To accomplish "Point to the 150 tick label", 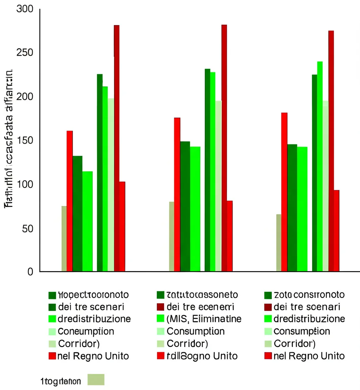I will (25, 141).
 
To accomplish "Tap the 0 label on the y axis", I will (31, 272).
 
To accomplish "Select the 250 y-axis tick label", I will (25, 53).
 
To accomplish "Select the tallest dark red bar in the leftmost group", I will (116, 149).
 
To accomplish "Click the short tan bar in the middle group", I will (172, 237).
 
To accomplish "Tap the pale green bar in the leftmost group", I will (111, 185).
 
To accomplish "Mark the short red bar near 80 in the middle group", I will (229, 236).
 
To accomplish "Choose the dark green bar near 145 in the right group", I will (292, 208).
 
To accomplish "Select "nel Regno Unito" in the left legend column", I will (93, 356).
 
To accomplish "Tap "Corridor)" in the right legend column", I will (295, 344).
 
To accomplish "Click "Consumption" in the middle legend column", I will (196, 331).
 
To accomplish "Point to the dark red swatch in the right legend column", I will (268, 307).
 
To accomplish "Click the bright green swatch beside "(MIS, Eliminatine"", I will (160, 319).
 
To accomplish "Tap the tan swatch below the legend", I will (96, 380).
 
